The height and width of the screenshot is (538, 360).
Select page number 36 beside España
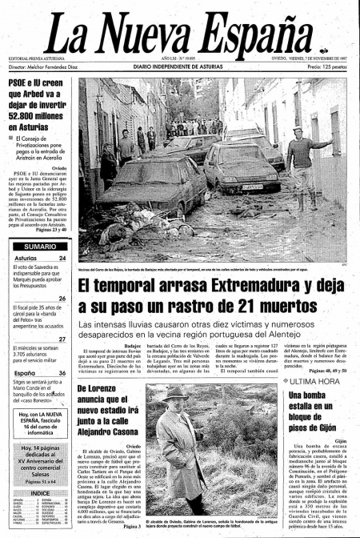[62, 373]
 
